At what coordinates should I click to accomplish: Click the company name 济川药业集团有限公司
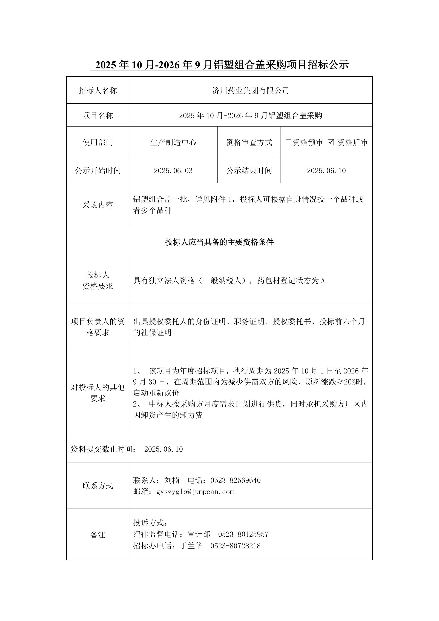[x=251, y=91]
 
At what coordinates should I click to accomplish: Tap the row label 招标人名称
[x=98, y=91]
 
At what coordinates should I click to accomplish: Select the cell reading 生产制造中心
[x=173, y=142]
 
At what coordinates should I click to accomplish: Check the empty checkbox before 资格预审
[x=288, y=142]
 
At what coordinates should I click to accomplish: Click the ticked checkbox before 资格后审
[x=331, y=142]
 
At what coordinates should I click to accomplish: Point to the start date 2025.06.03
[x=173, y=171]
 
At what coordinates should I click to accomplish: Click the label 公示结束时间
[x=249, y=171]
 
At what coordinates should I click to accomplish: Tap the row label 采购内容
[x=98, y=205]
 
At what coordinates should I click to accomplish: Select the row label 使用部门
[x=98, y=142]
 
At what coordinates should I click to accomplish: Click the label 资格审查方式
[x=249, y=142]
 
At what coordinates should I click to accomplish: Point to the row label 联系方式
[x=98, y=486]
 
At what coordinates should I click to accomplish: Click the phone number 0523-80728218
[x=235, y=546]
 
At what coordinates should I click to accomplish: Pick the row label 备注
[x=98, y=535]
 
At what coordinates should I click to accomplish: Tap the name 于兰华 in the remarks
[x=191, y=546]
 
